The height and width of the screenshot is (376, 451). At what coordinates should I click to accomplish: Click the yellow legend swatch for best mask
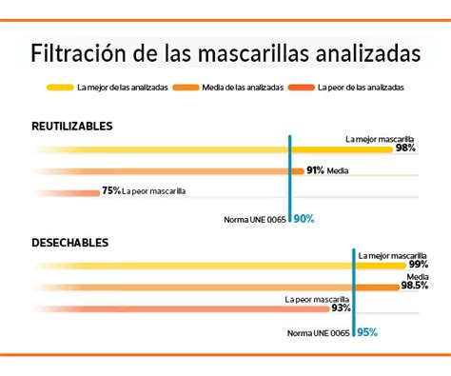(x=58, y=88)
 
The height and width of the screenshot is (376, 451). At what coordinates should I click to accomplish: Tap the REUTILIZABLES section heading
(x=71, y=126)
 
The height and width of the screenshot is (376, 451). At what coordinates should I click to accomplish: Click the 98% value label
(x=406, y=149)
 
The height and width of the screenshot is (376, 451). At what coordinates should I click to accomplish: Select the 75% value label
(x=111, y=191)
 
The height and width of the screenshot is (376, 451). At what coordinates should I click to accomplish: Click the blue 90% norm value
(x=304, y=219)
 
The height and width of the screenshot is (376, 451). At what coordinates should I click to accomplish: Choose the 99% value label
(x=417, y=264)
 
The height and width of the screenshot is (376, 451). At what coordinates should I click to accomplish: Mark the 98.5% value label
(x=414, y=286)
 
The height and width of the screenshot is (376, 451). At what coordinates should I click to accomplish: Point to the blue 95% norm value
(x=366, y=332)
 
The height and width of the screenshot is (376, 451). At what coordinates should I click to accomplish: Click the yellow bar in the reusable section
(x=190, y=150)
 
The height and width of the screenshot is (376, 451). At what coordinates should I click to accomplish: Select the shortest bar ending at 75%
(x=67, y=191)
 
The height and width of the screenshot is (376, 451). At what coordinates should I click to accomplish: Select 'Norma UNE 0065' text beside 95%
(x=320, y=333)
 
